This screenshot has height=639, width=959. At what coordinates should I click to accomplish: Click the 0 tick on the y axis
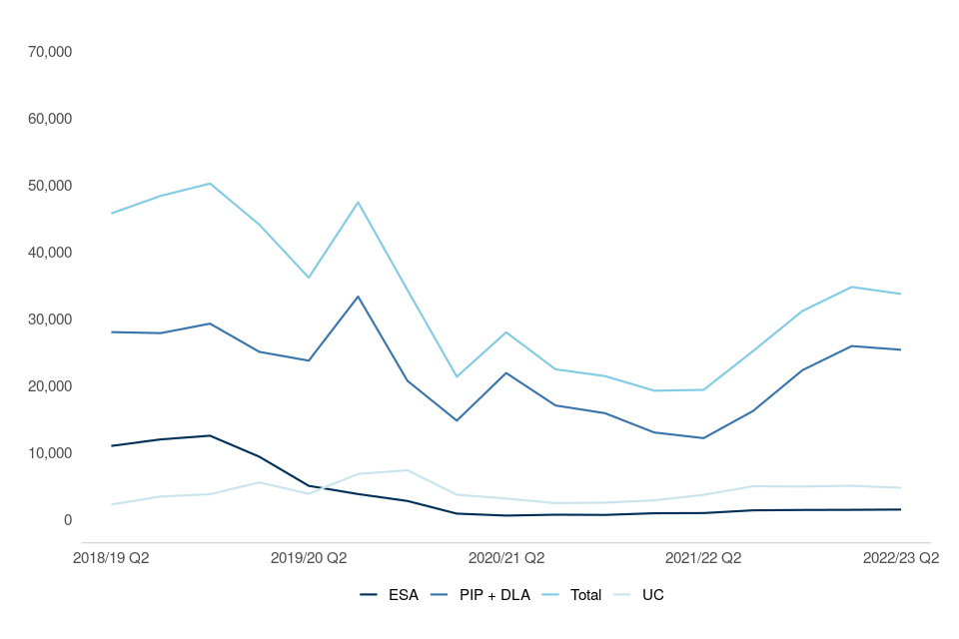click(67, 520)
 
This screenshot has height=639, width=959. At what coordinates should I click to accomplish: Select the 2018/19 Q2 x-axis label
click(111, 558)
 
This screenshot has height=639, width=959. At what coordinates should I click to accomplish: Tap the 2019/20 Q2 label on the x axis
click(309, 558)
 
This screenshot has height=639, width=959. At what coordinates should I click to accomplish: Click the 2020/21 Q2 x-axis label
click(506, 558)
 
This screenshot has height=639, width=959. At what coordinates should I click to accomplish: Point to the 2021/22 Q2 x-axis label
click(703, 558)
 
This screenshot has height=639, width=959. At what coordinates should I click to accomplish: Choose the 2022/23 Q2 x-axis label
click(901, 558)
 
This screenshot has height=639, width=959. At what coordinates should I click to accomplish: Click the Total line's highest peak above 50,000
click(210, 184)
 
